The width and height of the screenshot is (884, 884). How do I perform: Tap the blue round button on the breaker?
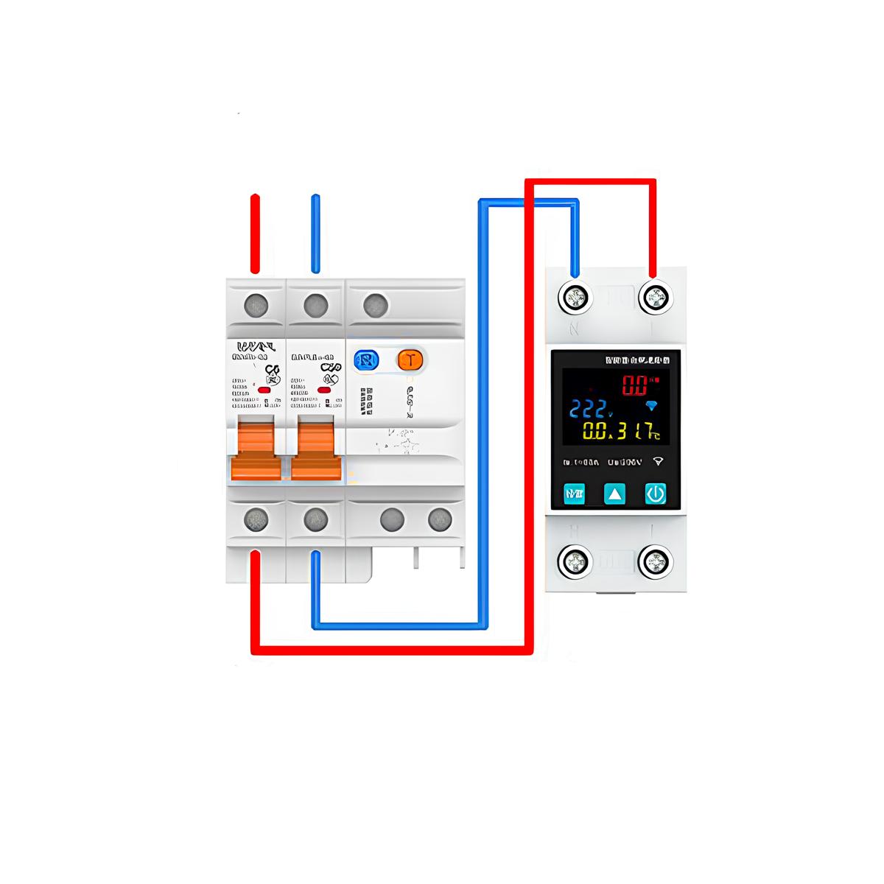pos(366,359)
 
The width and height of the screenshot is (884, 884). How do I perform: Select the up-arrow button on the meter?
pos(615,494)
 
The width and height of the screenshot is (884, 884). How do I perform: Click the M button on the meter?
pos(574,494)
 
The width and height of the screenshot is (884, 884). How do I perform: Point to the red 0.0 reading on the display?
pos(635,385)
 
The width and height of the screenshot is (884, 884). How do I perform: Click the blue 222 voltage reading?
pos(589,409)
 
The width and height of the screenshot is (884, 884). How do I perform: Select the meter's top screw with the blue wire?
pos(576,298)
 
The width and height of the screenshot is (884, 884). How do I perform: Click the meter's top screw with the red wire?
pos(654,298)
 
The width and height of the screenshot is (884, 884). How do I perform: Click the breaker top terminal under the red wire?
pos(256,304)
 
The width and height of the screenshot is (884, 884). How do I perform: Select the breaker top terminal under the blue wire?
pos(315,304)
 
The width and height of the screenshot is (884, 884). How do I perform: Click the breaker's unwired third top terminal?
pos(375,304)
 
